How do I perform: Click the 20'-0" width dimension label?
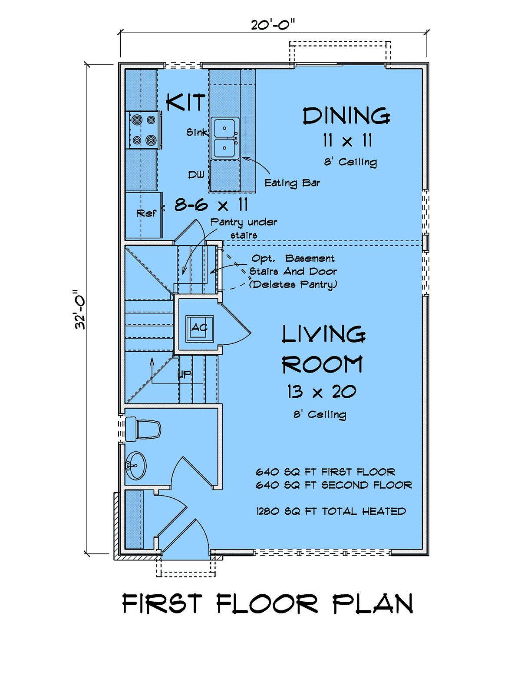click(273, 24)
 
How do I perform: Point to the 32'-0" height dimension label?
click(80, 310)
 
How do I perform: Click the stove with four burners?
click(143, 130)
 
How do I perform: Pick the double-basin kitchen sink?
click(225, 138)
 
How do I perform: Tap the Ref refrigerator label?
click(146, 213)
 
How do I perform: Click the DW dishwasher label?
click(196, 175)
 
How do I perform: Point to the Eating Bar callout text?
click(292, 183)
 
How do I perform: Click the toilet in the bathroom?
click(143, 429)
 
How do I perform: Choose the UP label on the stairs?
click(185, 374)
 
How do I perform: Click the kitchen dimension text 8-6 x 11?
click(211, 205)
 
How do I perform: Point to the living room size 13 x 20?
click(322, 391)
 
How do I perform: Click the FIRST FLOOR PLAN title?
click(268, 603)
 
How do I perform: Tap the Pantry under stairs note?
click(244, 229)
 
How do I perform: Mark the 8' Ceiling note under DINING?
click(351, 162)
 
